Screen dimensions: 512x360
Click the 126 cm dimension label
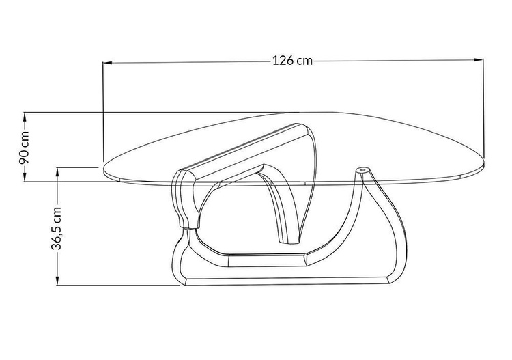pos(293,61)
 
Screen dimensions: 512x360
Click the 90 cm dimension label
pos(24,148)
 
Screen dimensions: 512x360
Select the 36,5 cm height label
pos(57,228)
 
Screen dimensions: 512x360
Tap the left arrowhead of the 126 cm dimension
pos(108,62)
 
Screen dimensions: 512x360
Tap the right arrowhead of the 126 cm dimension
pos(479,60)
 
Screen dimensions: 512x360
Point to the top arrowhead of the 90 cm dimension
pos(25,117)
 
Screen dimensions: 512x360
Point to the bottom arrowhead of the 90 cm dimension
pos(25,177)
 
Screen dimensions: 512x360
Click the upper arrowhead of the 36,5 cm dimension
pos(57,172)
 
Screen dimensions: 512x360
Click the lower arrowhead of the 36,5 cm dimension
pos(57,281)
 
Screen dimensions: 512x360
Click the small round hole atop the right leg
pos(362,170)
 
